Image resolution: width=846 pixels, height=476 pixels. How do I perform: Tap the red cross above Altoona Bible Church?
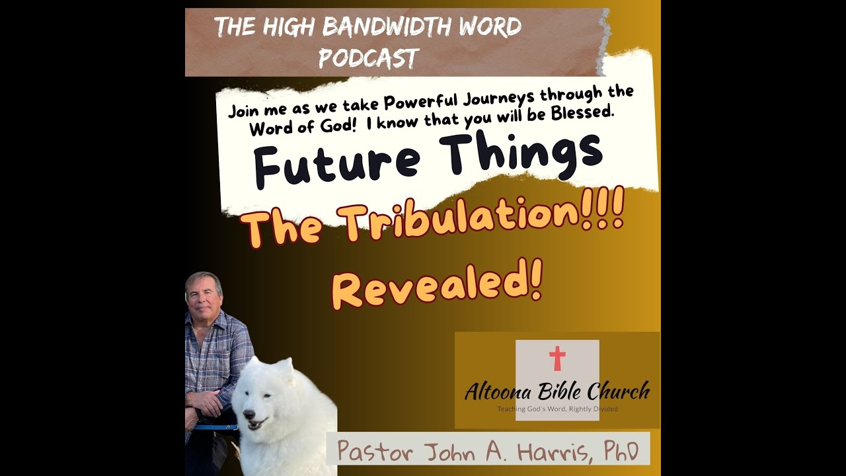[557, 358]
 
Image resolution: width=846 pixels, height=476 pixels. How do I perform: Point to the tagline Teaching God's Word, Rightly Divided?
[557, 409]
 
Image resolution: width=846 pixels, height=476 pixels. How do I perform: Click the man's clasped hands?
[206, 402]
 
